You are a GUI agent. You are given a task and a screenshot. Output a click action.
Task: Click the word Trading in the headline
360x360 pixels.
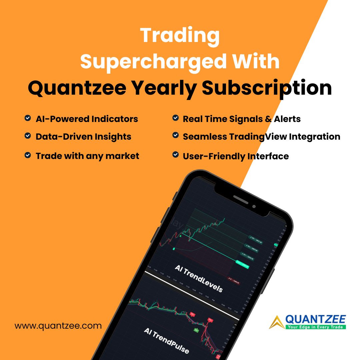point(180,35)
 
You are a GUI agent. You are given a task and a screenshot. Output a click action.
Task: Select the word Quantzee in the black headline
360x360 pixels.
point(77,88)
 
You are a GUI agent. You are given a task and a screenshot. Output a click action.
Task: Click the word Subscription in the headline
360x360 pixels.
point(267,88)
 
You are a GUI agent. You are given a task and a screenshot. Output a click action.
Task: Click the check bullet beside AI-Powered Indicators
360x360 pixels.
point(28,118)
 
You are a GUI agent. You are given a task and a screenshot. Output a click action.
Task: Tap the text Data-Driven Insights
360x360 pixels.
point(83,136)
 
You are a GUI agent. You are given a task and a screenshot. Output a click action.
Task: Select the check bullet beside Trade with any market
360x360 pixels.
point(28,155)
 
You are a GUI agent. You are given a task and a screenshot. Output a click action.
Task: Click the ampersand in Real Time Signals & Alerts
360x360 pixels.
point(268,119)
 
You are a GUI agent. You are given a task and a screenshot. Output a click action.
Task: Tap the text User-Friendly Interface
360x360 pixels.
point(236,156)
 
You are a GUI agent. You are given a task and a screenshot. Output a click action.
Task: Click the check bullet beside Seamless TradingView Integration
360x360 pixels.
point(175,135)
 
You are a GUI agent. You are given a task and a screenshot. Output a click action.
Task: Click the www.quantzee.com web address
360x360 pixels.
point(58,325)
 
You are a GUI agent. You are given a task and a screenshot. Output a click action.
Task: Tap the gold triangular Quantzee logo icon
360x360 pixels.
point(277,322)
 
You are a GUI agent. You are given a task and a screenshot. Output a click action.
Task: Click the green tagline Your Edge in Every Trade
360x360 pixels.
point(315,327)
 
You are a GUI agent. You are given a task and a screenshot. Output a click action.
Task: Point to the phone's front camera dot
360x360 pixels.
point(254,206)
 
